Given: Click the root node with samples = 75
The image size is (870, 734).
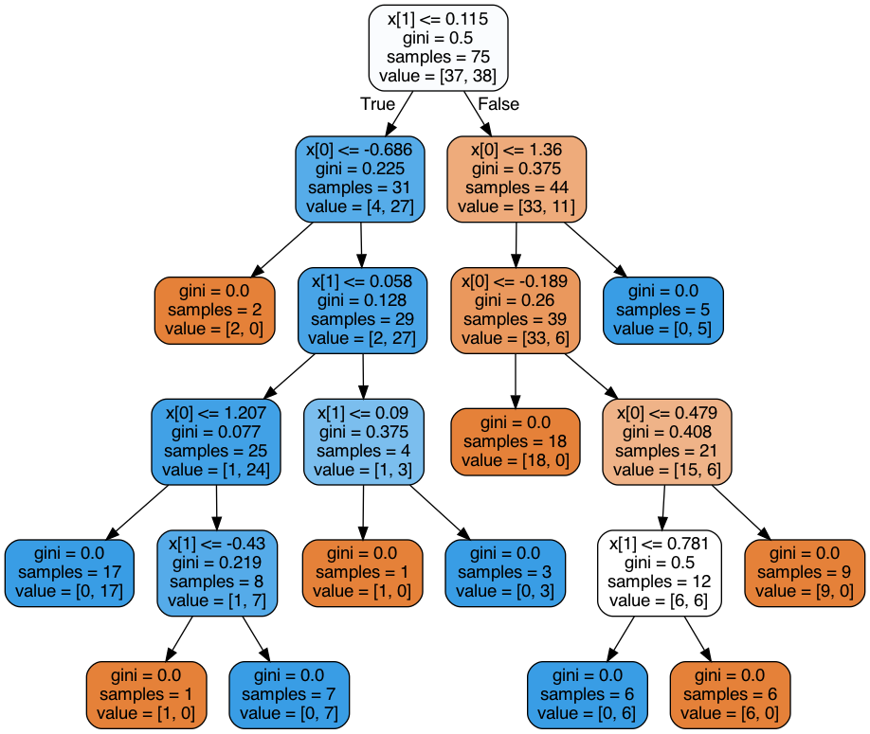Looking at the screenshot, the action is tap(439, 47).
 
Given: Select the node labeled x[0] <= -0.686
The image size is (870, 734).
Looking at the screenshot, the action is tap(360, 179).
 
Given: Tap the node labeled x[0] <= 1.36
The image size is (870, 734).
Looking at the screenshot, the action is tap(517, 179).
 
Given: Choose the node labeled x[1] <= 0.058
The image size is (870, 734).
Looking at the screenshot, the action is tap(362, 311).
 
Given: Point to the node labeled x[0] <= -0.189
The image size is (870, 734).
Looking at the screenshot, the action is tap(516, 311).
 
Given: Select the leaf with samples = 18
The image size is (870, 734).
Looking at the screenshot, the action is tap(516, 442).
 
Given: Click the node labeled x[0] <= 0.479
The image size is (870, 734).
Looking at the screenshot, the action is tap(667, 442).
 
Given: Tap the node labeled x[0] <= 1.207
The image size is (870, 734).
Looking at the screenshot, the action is tap(216, 442).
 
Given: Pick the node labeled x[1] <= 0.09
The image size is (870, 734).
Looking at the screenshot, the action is tap(363, 442).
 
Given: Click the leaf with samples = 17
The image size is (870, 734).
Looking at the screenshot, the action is tap(69, 573).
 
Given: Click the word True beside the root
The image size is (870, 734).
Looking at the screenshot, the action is tap(378, 103).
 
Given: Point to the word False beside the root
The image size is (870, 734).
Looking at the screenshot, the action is tap(498, 103).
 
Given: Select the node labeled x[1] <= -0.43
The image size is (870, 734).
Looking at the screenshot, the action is tap(217, 573).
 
